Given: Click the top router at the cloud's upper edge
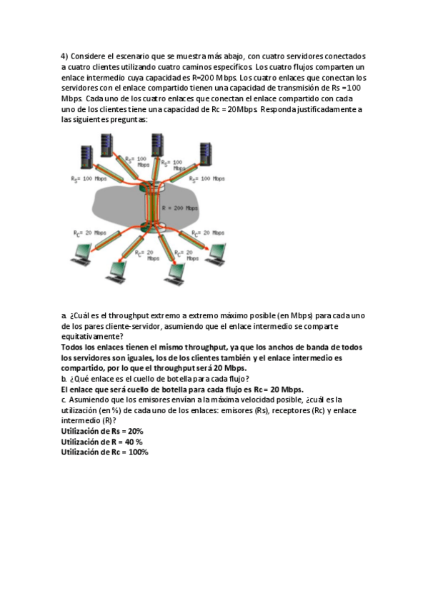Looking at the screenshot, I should point(152,188).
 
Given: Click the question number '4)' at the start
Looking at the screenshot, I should point(64,56).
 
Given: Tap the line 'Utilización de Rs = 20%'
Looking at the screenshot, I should point(102,432).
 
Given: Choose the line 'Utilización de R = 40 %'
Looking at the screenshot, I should point(101,442).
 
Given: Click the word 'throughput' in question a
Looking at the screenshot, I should point(128,315).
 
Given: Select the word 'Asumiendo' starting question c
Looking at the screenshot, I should point(90,400).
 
